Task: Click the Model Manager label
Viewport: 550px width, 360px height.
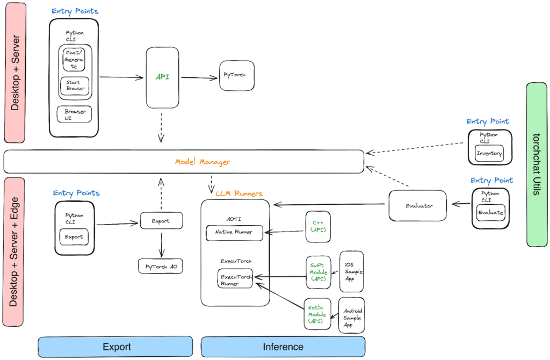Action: click(202, 162)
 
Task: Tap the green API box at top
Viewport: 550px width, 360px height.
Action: click(162, 77)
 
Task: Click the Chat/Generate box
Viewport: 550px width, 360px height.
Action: click(75, 59)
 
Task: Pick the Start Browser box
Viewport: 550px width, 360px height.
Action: click(75, 86)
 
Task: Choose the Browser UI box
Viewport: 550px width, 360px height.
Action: click(75, 114)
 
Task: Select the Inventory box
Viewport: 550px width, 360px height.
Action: click(489, 153)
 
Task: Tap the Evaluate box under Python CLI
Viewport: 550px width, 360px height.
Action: click(490, 212)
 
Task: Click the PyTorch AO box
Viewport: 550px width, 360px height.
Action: click(161, 266)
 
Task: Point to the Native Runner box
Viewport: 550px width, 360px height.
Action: click(235, 233)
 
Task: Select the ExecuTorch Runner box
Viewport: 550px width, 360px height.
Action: click(235, 279)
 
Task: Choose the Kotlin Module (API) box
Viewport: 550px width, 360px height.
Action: click(319, 314)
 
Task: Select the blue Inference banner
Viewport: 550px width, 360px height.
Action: click(283, 347)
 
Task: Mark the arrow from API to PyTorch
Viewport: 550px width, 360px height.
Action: click(199, 78)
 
